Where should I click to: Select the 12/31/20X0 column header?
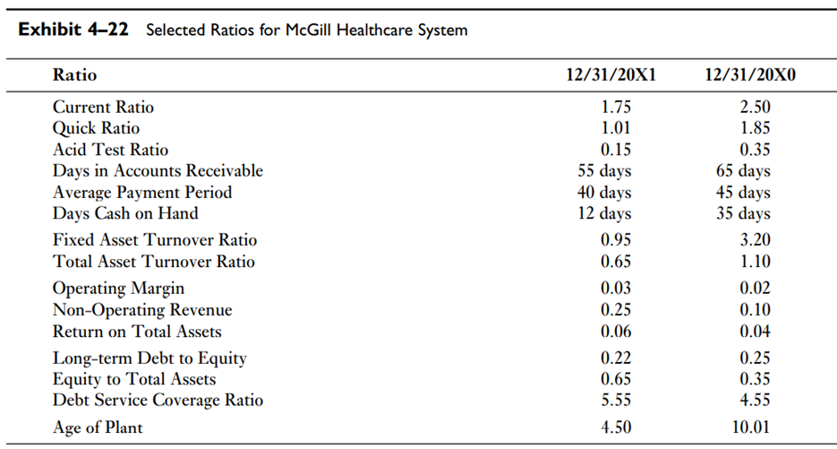[x=750, y=74]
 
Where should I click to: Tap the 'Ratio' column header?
[x=74, y=74]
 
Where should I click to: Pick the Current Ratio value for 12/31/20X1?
[x=616, y=108]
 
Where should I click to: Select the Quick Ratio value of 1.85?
[x=750, y=129]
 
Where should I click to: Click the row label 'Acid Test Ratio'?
[x=110, y=150]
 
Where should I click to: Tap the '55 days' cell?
[x=604, y=171]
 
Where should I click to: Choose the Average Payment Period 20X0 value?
[x=743, y=193]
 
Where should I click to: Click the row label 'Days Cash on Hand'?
[x=125, y=213]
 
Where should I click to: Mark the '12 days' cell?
[x=604, y=214]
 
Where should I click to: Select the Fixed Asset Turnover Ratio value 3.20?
[x=750, y=240]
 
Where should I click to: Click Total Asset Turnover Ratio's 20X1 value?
[x=616, y=262]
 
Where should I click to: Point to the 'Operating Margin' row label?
[x=118, y=289]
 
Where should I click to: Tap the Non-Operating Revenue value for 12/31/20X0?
[x=750, y=310]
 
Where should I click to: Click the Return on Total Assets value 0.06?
[x=616, y=332]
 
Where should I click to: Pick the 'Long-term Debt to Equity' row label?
[x=149, y=358]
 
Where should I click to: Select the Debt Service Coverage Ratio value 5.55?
[x=616, y=401]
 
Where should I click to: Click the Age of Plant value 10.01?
[x=750, y=427]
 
